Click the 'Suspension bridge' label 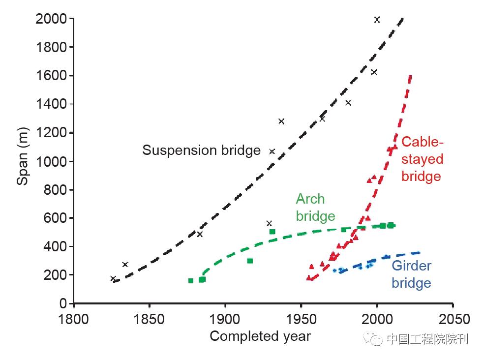(201, 150)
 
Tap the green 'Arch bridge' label (315, 207)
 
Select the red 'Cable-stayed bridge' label (422, 159)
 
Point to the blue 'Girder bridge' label (411, 274)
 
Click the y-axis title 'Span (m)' (23, 161)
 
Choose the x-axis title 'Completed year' (260, 336)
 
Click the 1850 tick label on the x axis (149, 319)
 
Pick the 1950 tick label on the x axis (301, 319)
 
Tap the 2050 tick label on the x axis (453, 319)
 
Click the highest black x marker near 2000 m (377, 20)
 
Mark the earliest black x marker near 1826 (113, 278)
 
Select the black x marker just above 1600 (374, 72)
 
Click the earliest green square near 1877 (191, 280)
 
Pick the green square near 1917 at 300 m (250, 261)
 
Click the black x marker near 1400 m (348, 103)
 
